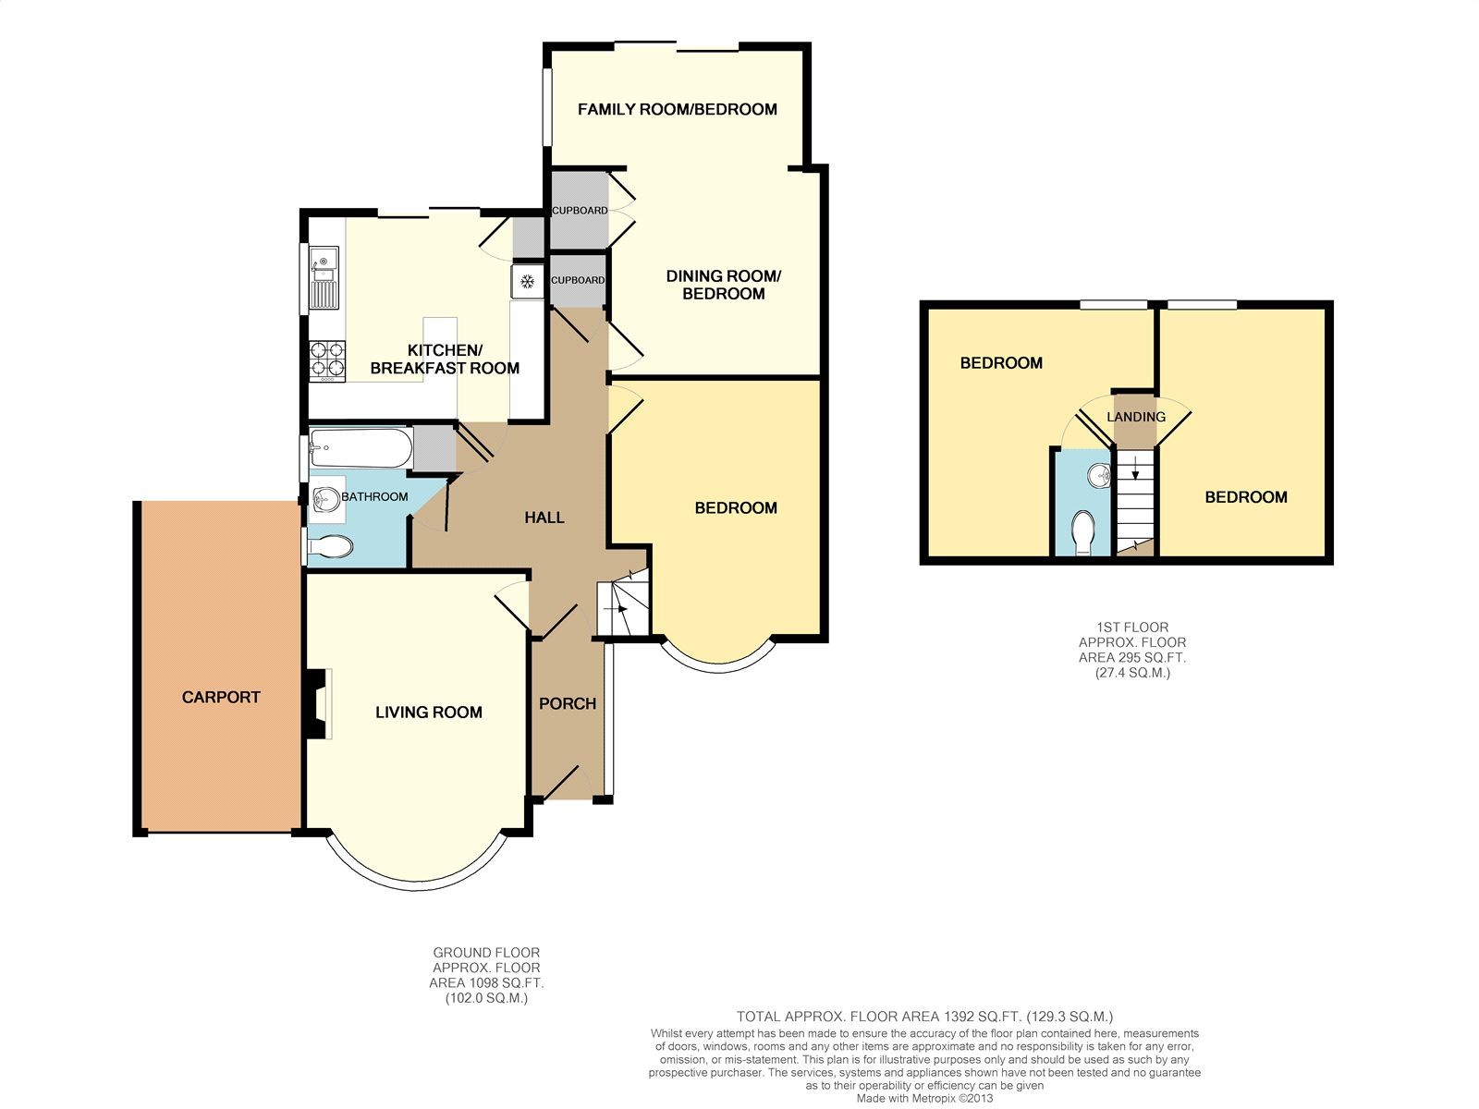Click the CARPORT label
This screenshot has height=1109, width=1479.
click(221, 697)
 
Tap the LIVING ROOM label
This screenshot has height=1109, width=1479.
click(429, 712)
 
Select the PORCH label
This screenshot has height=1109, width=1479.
click(568, 703)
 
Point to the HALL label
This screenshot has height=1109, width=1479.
click(544, 518)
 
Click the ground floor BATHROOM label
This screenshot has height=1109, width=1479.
click(374, 497)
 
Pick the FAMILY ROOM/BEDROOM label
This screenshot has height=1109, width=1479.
click(678, 109)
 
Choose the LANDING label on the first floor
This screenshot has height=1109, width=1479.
click(1136, 417)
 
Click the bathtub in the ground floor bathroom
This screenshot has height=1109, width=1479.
click(361, 448)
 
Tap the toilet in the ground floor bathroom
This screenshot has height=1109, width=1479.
click(330, 546)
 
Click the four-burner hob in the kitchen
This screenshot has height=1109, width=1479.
click(327, 361)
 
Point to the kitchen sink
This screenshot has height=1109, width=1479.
click(324, 277)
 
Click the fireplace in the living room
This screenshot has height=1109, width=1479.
click(318, 703)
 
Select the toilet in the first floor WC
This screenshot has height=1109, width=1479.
click(1083, 533)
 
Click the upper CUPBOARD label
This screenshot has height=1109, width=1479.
click(580, 210)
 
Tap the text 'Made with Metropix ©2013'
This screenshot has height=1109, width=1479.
click(924, 1098)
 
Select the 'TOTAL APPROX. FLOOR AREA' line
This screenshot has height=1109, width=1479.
click(924, 1017)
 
